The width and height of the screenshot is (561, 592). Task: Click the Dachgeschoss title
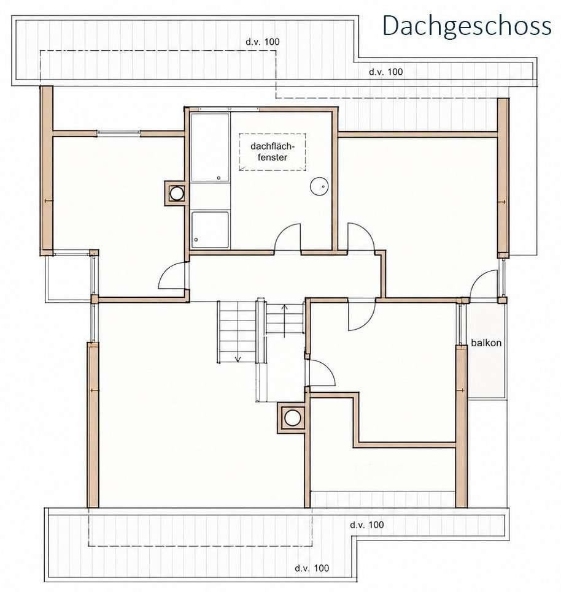coord(467,26)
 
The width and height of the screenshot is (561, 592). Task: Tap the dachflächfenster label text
coord(272,152)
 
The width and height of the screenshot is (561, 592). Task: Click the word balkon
coord(486,343)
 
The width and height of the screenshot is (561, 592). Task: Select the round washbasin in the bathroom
coord(319,186)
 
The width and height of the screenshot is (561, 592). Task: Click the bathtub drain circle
coord(219,178)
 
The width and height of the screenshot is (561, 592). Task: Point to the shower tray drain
coord(196,240)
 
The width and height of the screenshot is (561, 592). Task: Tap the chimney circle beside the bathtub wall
coord(177,194)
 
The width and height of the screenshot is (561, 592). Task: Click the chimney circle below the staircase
coord(293,418)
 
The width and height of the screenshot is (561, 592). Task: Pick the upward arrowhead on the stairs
coord(285,307)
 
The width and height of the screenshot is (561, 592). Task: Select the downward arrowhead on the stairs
coord(238,359)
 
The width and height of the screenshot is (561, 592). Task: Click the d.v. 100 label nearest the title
coord(386,72)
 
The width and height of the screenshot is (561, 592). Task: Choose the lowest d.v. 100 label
coord(312,568)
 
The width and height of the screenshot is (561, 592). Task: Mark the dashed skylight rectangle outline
coord(272,134)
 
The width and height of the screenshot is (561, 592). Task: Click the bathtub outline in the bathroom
coord(210,147)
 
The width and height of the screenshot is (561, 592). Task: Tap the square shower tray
coord(210,230)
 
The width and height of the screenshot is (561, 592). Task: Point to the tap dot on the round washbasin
coord(323,186)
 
